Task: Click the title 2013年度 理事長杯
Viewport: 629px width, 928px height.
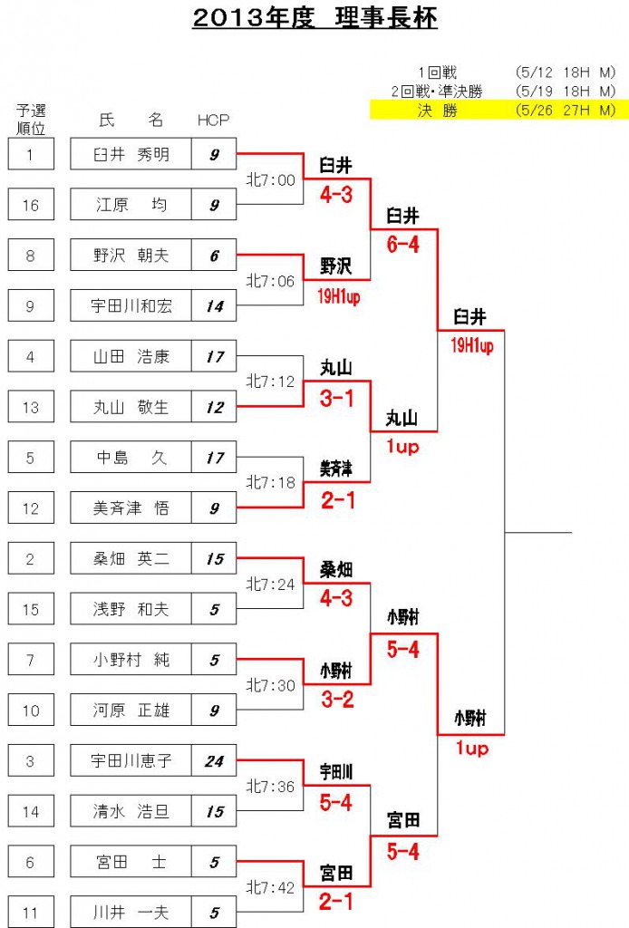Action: pos(314,18)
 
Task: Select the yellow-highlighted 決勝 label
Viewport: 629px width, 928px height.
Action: pos(438,110)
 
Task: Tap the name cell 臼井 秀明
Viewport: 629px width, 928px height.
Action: pos(131,154)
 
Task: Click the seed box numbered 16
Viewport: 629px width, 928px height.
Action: pos(31,205)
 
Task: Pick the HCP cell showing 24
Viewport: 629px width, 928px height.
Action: pos(214,760)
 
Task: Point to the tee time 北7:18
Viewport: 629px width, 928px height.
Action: pos(270,482)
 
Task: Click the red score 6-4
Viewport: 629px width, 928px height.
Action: pos(403,245)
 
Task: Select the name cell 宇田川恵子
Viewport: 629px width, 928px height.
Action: pos(131,760)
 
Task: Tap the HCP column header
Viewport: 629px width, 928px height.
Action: pos(214,121)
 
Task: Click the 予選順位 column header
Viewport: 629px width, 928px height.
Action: pos(31,120)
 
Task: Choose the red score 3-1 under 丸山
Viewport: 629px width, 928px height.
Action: pos(336,399)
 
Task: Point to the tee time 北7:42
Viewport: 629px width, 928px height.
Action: pos(270,887)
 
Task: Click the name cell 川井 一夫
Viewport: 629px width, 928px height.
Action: pos(131,912)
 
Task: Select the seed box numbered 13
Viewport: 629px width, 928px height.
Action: pos(31,407)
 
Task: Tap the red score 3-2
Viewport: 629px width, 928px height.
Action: pos(337,701)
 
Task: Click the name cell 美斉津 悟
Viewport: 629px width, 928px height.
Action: pos(131,507)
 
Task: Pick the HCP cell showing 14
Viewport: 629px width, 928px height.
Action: pos(214,305)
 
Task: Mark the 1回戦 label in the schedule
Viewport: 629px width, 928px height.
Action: pos(438,72)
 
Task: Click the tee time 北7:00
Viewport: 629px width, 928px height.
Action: pos(270,179)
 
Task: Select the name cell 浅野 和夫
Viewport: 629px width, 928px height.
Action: pos(131,609)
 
